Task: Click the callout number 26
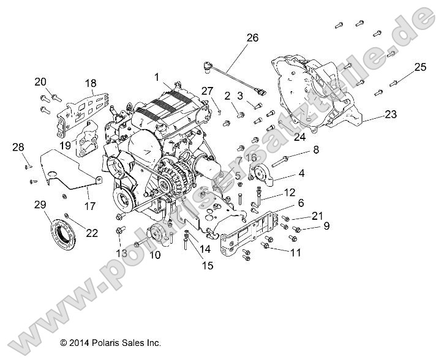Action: click(253, 38)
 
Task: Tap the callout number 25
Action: click(420, 67)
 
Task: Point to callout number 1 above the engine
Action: click(157, 78)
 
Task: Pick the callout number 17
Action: click(89, 207)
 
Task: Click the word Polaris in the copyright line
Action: click(118, 343)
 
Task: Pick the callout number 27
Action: click(208, 91)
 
